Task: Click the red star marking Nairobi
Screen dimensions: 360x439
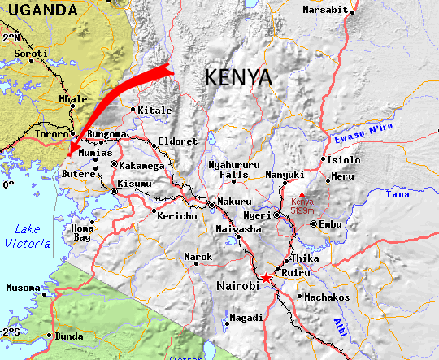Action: (267, 278)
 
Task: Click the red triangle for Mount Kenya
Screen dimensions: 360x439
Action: (302, 194)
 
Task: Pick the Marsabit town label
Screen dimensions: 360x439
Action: (325, 10)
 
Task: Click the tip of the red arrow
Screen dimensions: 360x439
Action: (68, 154)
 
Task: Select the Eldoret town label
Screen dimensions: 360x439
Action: (177, 141)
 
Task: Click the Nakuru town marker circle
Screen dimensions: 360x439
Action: (212, 206)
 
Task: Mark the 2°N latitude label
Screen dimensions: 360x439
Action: (11, 38)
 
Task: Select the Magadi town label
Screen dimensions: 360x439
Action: (246, 318)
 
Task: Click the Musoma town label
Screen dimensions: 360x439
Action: (22, 288)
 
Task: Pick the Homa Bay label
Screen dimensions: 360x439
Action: (83, 234)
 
